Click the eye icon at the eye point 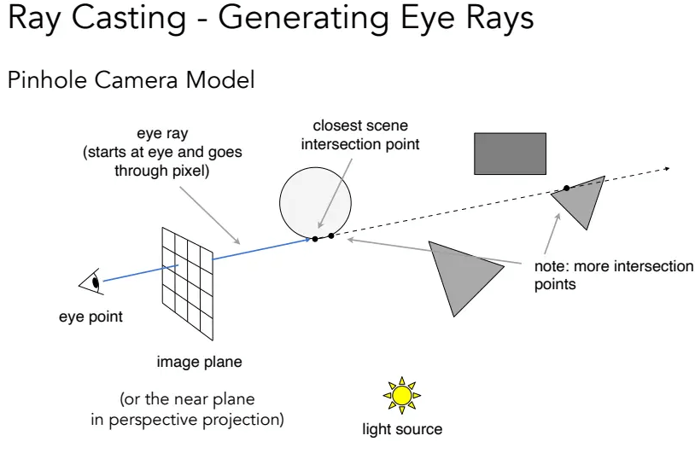click(91, 282)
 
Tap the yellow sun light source click(402, 396)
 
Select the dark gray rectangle click(511, 154)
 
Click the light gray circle click(316, 203)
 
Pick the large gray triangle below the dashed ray click(461, 275)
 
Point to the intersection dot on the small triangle click(566, 189)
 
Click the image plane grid click(188, 283)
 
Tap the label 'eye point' click(91, 317)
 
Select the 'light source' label click(402, 429)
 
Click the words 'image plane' click(200, 362)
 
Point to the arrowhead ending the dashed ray click(667, 169)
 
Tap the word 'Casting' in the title click(129, 19)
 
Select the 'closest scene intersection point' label click(360, 135)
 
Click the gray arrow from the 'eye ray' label click(210, 215)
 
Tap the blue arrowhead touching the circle click(307, 240)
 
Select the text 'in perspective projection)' click(188, 420)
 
